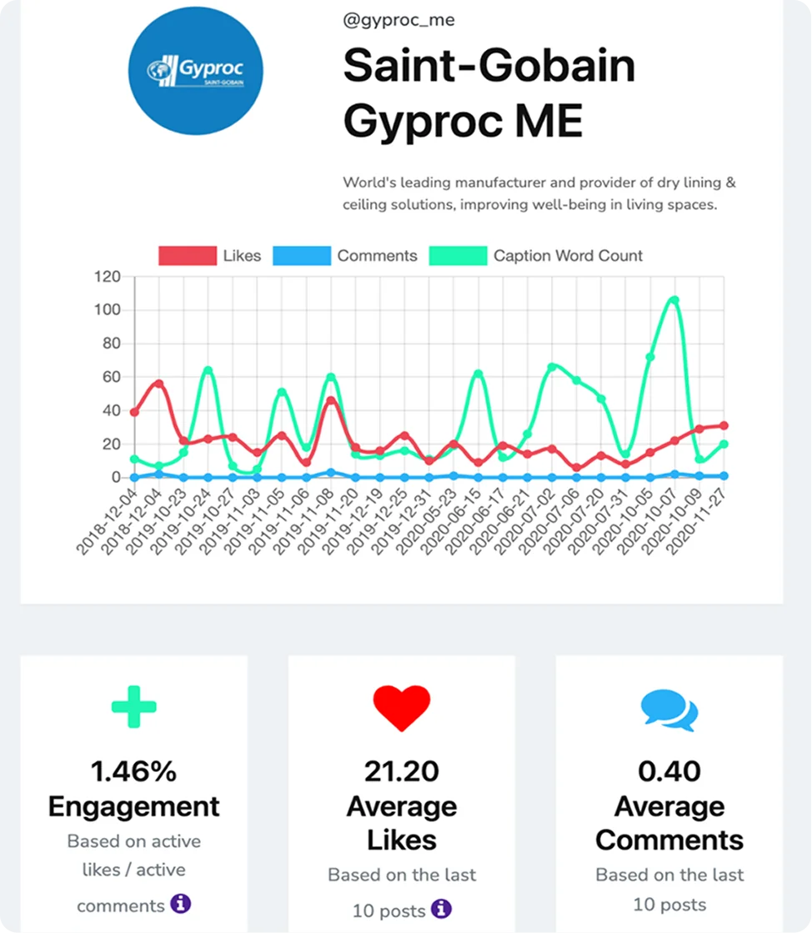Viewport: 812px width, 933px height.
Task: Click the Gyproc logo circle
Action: click(196, 71)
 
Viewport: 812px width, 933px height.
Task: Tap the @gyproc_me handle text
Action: click(398, 20)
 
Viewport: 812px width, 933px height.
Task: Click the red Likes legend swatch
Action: click(188, 255)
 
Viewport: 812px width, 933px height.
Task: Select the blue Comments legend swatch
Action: click(302, 255)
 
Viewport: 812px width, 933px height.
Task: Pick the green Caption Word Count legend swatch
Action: click(458, 255)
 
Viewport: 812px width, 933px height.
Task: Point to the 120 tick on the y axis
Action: click(107, 277)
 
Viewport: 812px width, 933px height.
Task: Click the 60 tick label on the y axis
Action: click(111, 377)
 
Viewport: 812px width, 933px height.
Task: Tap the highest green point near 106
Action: click(674, 300)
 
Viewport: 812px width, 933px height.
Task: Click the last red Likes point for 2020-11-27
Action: click(724, 425)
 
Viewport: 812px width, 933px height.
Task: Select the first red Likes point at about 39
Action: click(134, 412)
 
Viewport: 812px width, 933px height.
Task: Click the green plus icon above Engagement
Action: click(134, 707)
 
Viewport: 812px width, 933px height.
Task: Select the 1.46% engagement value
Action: click(134, 771)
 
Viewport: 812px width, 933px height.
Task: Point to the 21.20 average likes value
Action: click(402, 771)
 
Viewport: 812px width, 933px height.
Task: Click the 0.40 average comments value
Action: click(669, 771)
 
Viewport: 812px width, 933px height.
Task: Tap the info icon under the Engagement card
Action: click(181, 903)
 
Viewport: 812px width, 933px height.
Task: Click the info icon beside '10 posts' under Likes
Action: click(441, 909)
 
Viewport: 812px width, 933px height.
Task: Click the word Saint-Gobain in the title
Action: click(489, 66)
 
